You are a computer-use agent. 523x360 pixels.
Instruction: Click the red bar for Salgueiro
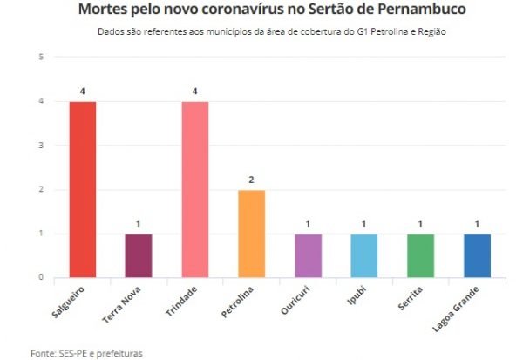pyautogui.click(x=83, y=190)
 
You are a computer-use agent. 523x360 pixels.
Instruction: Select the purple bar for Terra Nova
pyautogui.click(x=139, y=255)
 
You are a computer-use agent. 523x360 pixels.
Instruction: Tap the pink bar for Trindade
pyautogui.click(x=195, y=190)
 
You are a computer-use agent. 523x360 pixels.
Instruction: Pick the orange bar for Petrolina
pyautogui.click(x=251, y=234)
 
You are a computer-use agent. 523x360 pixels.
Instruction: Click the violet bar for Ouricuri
pyautogui.click(x=308, y=255)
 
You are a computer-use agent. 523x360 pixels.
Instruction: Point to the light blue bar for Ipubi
pyautogui.click(x=363, y=255)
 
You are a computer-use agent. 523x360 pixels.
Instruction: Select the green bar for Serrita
pyautogui.click(x=420, y=255)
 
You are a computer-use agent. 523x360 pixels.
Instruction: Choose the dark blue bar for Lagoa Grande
pyautogui.click(x=477, y=255)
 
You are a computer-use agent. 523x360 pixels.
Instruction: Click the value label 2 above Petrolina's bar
pyautogui.click(x=251, y=180)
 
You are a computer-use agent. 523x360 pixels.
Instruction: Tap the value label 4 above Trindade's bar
pyautogui.click(x=195, y=92)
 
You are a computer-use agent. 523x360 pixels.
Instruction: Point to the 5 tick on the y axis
pyautogui.click(x=41, y=58)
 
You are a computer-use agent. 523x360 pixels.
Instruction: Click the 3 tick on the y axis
pyautogui.click(x=41, y=146)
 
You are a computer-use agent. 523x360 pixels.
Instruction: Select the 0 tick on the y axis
pyautogui.click(x=41, y=277)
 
